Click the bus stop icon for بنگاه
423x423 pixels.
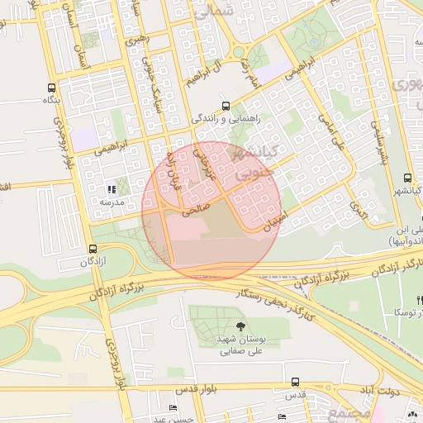click(x=52, y=87)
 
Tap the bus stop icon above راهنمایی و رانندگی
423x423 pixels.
click(x=226, y=106)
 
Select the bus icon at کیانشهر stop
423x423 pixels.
click(x=406, y=178)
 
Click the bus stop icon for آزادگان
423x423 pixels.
click(x=92, y=249)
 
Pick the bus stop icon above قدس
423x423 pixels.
click(x=295, y=382)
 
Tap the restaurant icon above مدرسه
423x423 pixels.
click(x=112, y=189)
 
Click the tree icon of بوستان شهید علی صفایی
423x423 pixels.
click(x=240, y=326)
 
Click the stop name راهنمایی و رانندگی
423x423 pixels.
click(x=226, y=119)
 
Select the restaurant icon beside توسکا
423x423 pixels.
click(x=420, y=300)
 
